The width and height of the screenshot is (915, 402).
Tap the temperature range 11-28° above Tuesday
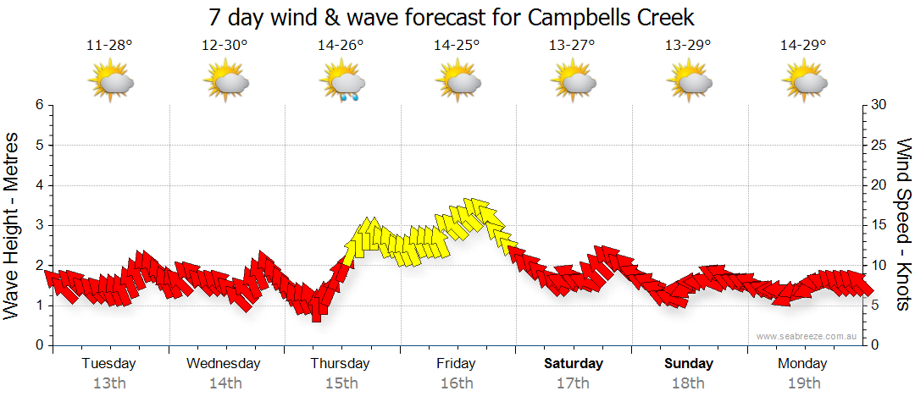point(109,45)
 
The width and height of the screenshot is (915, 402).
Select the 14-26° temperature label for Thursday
point(341,45)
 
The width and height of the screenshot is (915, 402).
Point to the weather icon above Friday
point(458,82)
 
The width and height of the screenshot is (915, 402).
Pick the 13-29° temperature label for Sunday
point(688,45)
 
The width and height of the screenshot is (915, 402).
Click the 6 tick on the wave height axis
point(38,105)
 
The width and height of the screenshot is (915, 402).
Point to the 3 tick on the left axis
point(38,225)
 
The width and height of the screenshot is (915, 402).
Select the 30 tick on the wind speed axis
point(879,105)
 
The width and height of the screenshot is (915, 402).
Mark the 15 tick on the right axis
point(879,225)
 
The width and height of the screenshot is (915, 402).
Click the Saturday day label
point(574,364)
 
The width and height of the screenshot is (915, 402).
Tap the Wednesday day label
point(224,364)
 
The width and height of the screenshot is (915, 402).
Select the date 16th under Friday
point(457,383)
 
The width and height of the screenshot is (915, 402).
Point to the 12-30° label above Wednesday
point(225,45)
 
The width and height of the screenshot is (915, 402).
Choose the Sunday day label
point(688,364)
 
